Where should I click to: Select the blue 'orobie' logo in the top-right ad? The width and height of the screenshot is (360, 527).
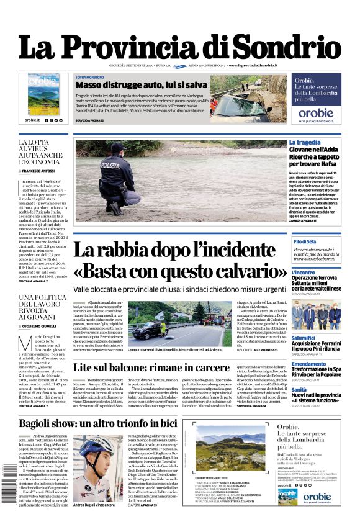[x=316, y=114]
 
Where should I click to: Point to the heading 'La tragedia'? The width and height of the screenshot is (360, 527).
[x=305, y=142]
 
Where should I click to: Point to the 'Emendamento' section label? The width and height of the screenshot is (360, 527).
[x=308, y=364]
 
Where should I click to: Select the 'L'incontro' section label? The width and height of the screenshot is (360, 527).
[x=304, y=273]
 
